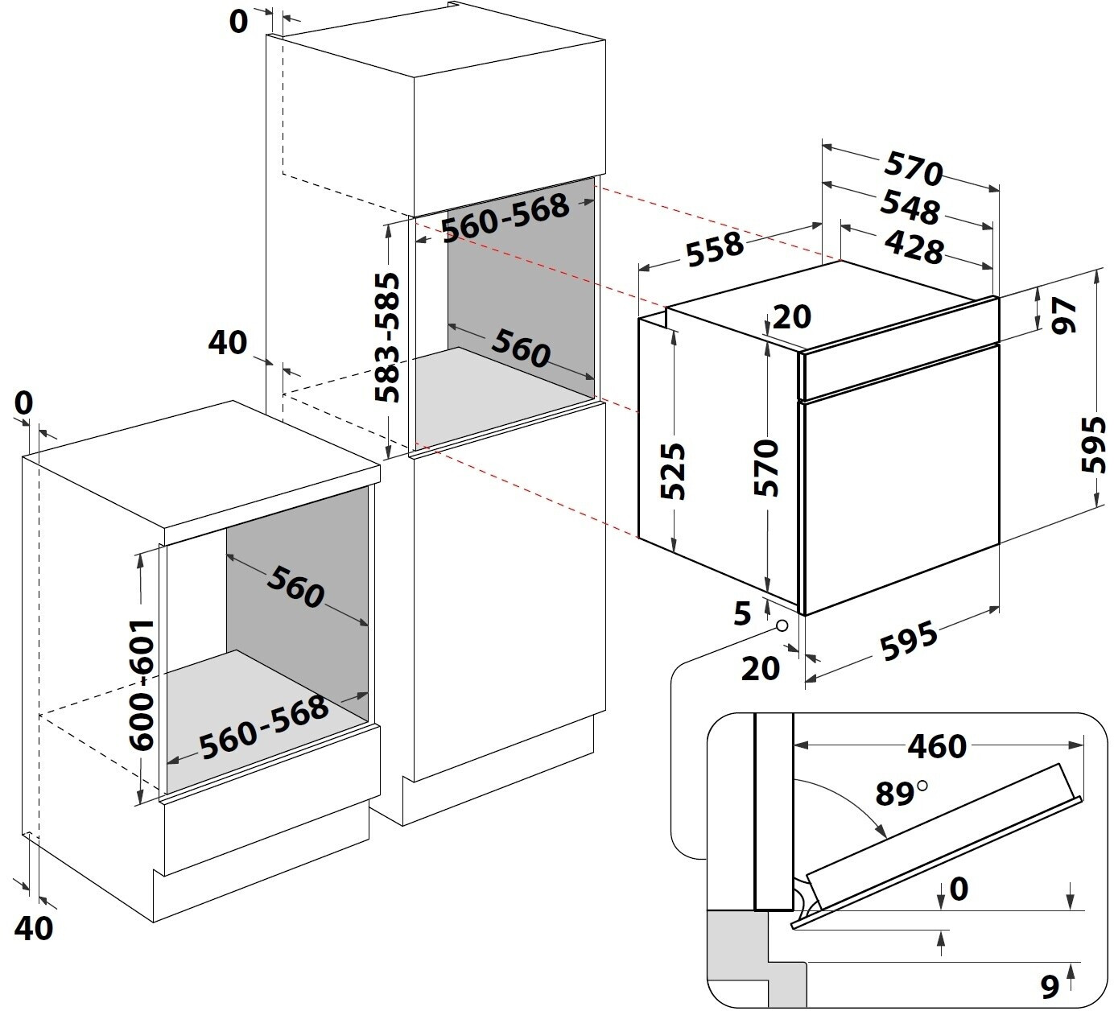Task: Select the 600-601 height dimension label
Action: click(x=141, y=685)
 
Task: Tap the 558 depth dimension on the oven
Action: click(x=715, y=249)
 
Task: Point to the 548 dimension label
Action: click(x=910, y=207)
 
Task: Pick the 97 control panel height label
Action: click(x=1064, y=315)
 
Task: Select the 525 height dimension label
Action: click(x=673, y=471)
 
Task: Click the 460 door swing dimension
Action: click(x=938, y=747)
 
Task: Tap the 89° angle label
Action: click(x=901, y=793)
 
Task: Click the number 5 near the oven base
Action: click(x=742, y=614)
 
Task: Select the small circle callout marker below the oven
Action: click(x=782, y=625)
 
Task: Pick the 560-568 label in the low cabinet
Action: click(x=264, y=727)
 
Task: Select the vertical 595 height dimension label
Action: click(x=1093, y=444)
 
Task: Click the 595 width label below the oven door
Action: click(x=908, y=641)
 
